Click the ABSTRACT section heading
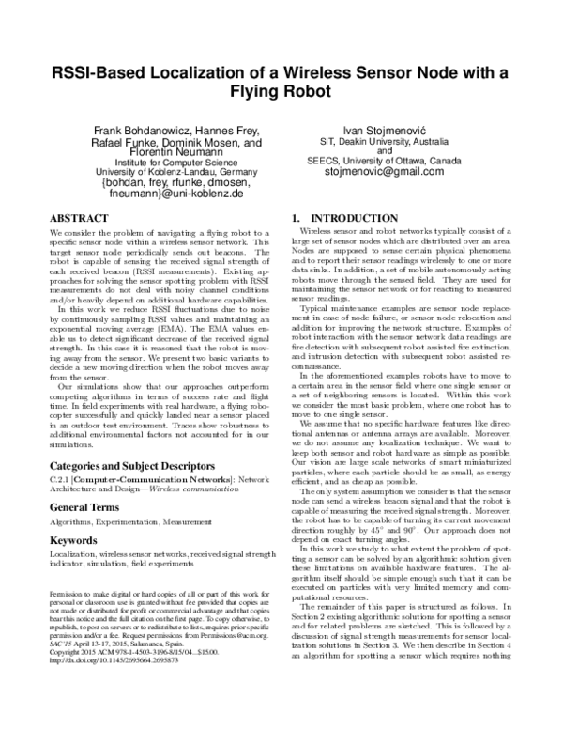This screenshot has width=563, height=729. point(81,215)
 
